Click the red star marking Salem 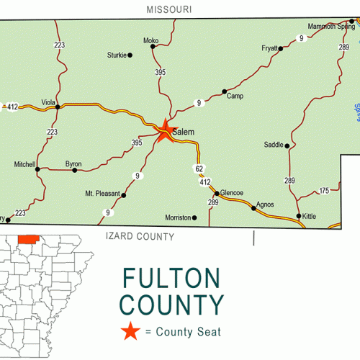166,130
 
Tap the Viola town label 49,102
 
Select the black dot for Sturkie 130,55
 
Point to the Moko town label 150,40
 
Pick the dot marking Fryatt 281,49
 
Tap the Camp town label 235,96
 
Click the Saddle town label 274,145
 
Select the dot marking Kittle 299,216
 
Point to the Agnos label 265,204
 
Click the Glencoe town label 231,193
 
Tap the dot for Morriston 194,217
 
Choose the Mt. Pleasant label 102,194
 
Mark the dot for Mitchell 37,170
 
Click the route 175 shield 324,190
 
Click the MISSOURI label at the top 168,9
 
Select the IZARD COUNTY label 140,236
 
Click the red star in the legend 130,332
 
